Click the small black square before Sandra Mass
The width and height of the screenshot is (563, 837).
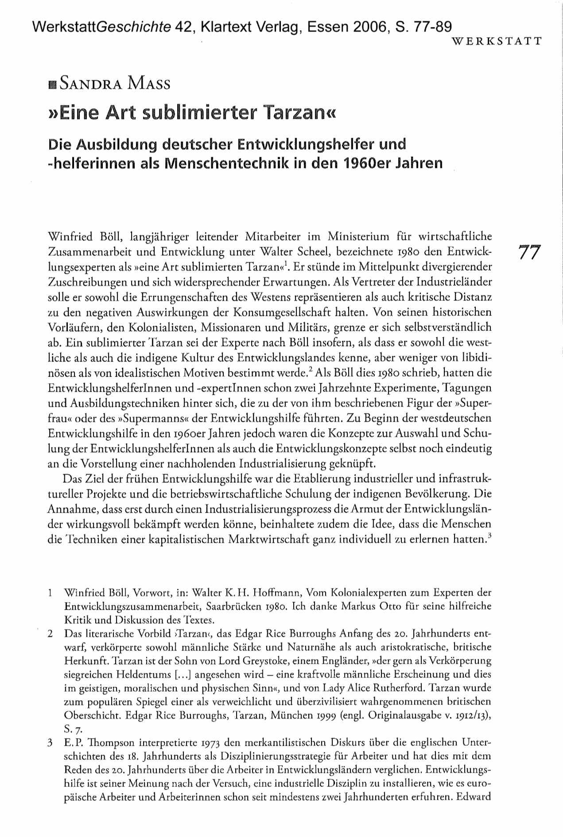pyautogui.click(x=53, y=85)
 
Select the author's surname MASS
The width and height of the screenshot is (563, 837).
pyautogui.click(x=149, y=83)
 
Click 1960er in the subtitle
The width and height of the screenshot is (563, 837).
pyautogui.click(x=368, y=163)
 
